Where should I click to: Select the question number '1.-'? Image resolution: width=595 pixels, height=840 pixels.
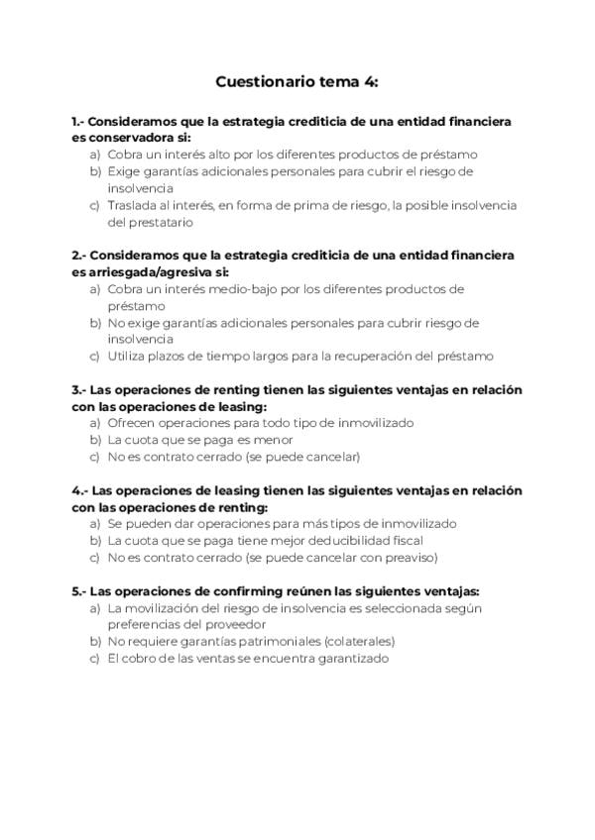tap(80, 121)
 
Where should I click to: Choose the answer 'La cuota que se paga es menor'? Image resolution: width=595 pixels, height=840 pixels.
tap(199, 440)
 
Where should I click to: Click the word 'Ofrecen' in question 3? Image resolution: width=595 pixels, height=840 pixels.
tap(133, 423)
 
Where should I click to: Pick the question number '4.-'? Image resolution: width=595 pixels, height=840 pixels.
tap(81, 490)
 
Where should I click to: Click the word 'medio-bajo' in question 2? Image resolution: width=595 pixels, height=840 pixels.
tap(230, 289)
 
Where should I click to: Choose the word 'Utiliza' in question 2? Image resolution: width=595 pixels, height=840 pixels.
tap(128, 356)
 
